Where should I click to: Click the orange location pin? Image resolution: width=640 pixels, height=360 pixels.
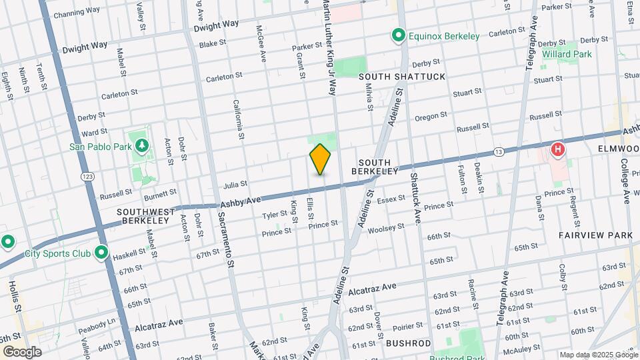pyautogui.click(x=321, y=159)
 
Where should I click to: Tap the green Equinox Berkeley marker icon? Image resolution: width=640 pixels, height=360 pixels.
pyautogui.click(x=399, y=35)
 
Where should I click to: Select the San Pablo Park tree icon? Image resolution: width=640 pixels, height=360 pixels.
pyautogui.click(x=141, y=146)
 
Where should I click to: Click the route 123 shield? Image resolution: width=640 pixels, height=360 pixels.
pyautogui.click(x=87, y=177)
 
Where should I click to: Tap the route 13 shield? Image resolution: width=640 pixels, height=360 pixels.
pyautogui.click(x=498, y=153)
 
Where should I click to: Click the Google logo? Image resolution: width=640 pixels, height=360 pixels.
pyautogui.click(x=22, y=351)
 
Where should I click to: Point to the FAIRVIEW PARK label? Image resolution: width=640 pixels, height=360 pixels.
pyautogui.click(x=595, y=235)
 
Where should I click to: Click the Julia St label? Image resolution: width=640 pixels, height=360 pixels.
pyautogui.click(x=235, y=183)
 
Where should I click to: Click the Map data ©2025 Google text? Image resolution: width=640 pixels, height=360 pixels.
pyautogui.click(x=598, y=355)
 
